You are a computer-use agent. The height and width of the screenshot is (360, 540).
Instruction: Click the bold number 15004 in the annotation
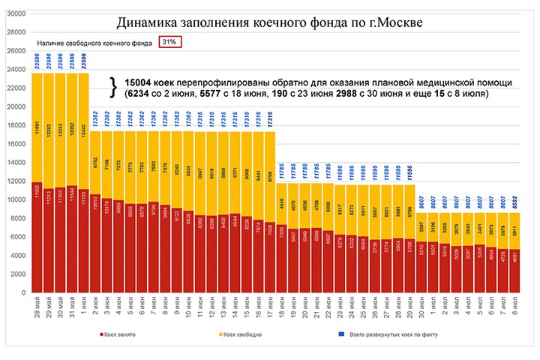137,82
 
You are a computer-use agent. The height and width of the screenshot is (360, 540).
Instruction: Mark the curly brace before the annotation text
113,87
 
